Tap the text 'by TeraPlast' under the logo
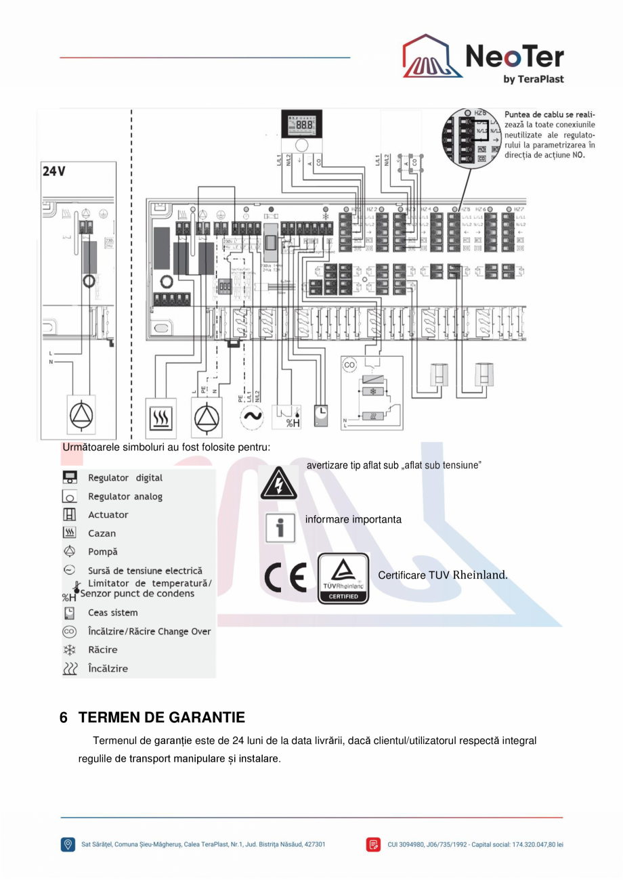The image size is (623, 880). (x=534, y=79)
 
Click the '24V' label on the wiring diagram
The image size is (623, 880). (x=54, y=171)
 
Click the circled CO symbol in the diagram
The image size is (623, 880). (x=349, y=365)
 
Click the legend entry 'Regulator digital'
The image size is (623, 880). (x=125, y=478)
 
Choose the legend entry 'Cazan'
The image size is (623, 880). (x=102, y=533)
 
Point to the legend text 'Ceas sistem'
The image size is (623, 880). (x=112, y=613)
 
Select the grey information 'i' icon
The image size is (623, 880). (x=280, y=527)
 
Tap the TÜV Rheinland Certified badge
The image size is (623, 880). (x=343, y=579)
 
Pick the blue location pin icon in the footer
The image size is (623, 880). (x=68, y=844)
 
